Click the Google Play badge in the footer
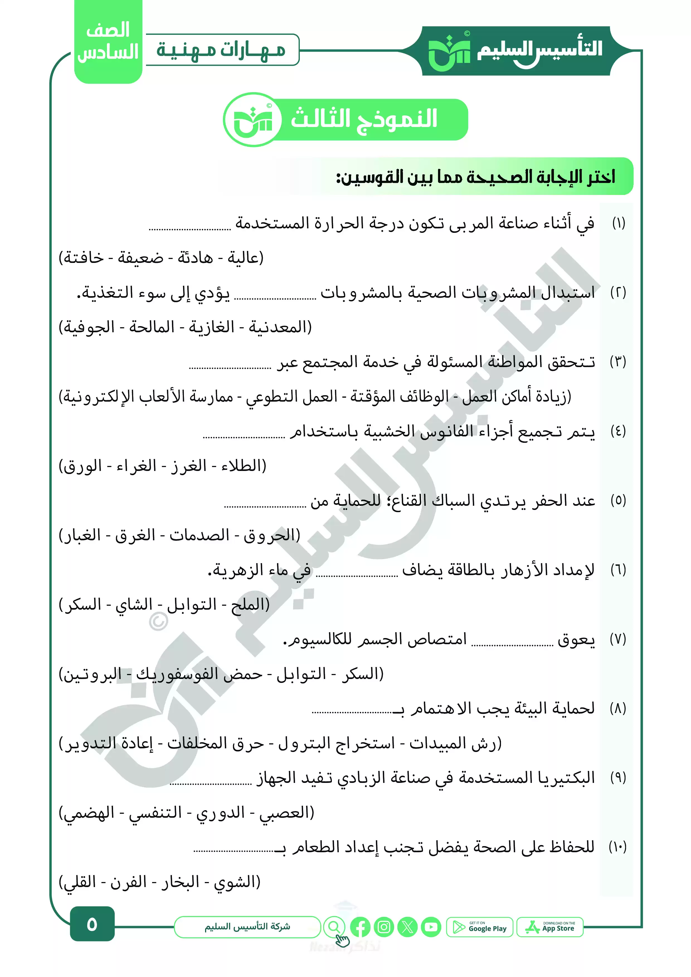point(480,927)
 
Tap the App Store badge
point(550,927)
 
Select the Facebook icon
point(360,927)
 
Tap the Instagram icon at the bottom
point(384,927)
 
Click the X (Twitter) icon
point(407,927)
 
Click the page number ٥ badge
point(92,925)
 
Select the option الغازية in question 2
point(211,327)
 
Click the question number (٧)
point(618,639)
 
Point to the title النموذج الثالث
point(364,118)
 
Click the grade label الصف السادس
point(108,41)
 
